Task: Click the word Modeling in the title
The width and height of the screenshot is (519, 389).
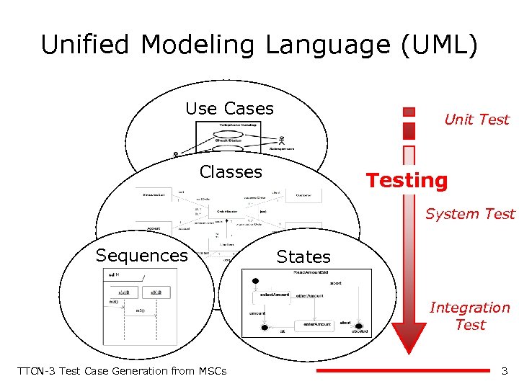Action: (x=198, y=45)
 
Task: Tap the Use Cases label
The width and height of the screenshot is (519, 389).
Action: (x=229, y=109)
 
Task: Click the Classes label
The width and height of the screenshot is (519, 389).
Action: (x=231, y=172)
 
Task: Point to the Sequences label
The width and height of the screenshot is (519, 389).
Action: (x=142, y=256)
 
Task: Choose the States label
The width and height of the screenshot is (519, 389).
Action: (x=303, y=257)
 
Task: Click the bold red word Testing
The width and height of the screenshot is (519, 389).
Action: (x=407, y=180)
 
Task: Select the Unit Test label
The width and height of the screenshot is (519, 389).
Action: (x=476, y=120)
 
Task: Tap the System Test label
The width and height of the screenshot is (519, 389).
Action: (x=470, y=214)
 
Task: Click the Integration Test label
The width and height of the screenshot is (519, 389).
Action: (x=469, y=316)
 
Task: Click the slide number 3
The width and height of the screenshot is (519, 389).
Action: (x=505, y=371)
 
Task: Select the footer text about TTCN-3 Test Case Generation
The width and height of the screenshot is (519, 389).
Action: (x=121, y=371)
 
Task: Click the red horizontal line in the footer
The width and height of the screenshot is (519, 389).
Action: (x=403, y=371)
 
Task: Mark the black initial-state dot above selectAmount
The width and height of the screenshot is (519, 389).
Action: (x=254, y=280)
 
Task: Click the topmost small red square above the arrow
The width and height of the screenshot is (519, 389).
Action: (x=409, y=112)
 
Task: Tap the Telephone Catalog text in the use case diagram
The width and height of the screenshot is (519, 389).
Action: (x=233, y=126)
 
